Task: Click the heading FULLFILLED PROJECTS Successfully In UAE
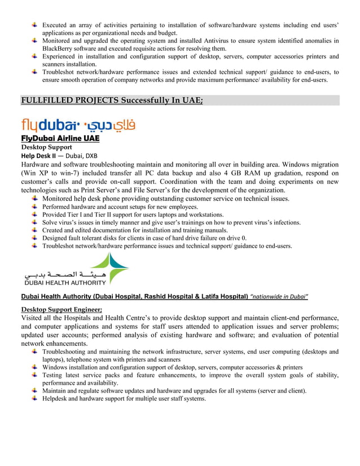coord(112,100)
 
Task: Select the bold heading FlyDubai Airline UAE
coord(60,138)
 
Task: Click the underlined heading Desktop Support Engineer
coord(61,309)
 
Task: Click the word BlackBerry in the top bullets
coord(60,49)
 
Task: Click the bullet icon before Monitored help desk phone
coord(35,199)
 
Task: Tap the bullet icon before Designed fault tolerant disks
coord(35,238)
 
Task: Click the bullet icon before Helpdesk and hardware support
coord(35,399)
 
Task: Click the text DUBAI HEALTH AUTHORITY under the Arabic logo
coord(64,283)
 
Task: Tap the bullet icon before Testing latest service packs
coord(35,375)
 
